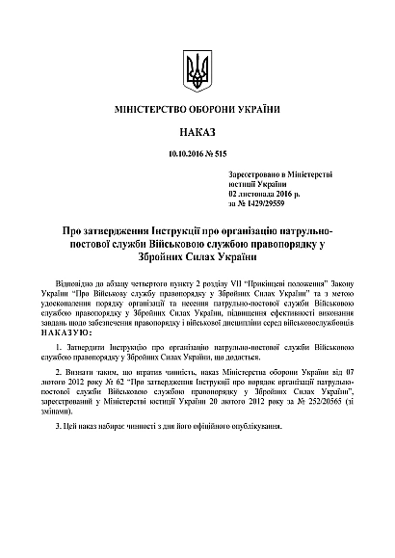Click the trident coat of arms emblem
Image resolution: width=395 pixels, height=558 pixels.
(197, 70)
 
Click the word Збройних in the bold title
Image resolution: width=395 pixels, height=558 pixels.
(163, 257)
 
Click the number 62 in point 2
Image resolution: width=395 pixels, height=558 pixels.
(117, 383)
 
